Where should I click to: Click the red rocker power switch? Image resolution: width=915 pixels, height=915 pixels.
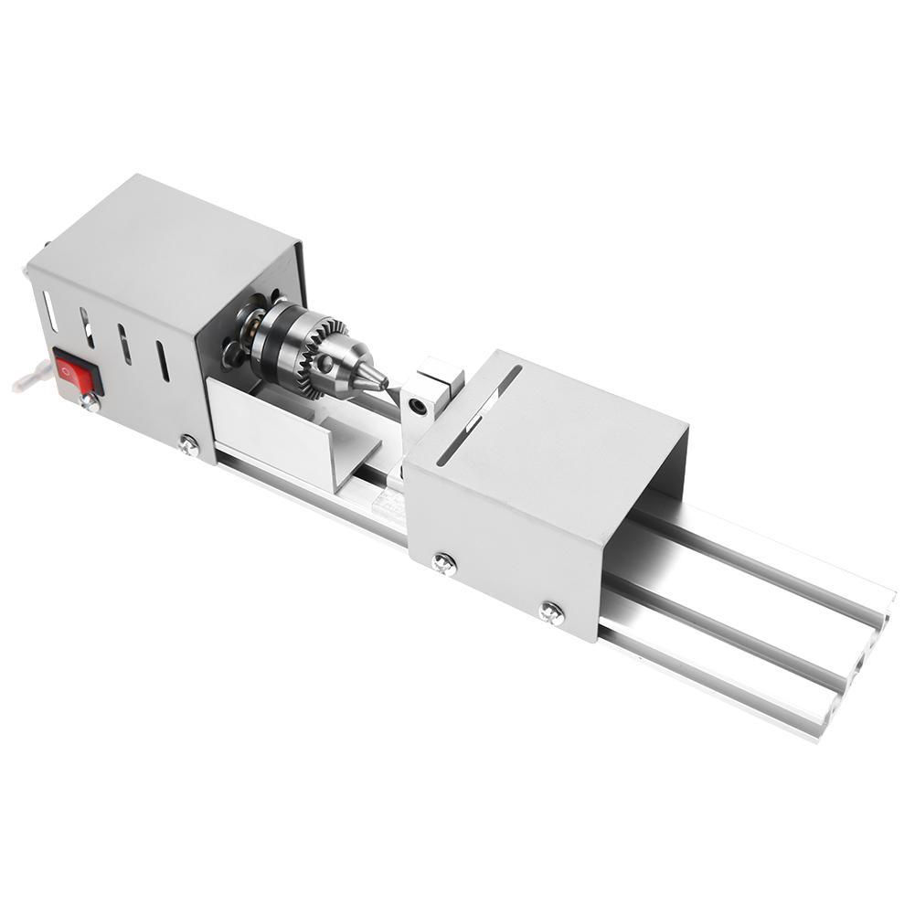(x=77, y=372)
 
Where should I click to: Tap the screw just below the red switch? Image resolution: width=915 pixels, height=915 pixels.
(x=90, y=400)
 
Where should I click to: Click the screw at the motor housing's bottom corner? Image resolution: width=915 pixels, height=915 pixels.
(x=188, y=444)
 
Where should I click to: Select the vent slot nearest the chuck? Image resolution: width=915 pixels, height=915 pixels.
(x=162, y=361)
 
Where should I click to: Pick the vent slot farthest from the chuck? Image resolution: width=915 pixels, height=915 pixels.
(x=50, y=312)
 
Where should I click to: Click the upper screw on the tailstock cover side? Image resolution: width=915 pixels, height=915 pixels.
(x=444, y=563)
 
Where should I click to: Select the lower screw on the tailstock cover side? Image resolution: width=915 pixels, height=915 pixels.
(x=550, y=612)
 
